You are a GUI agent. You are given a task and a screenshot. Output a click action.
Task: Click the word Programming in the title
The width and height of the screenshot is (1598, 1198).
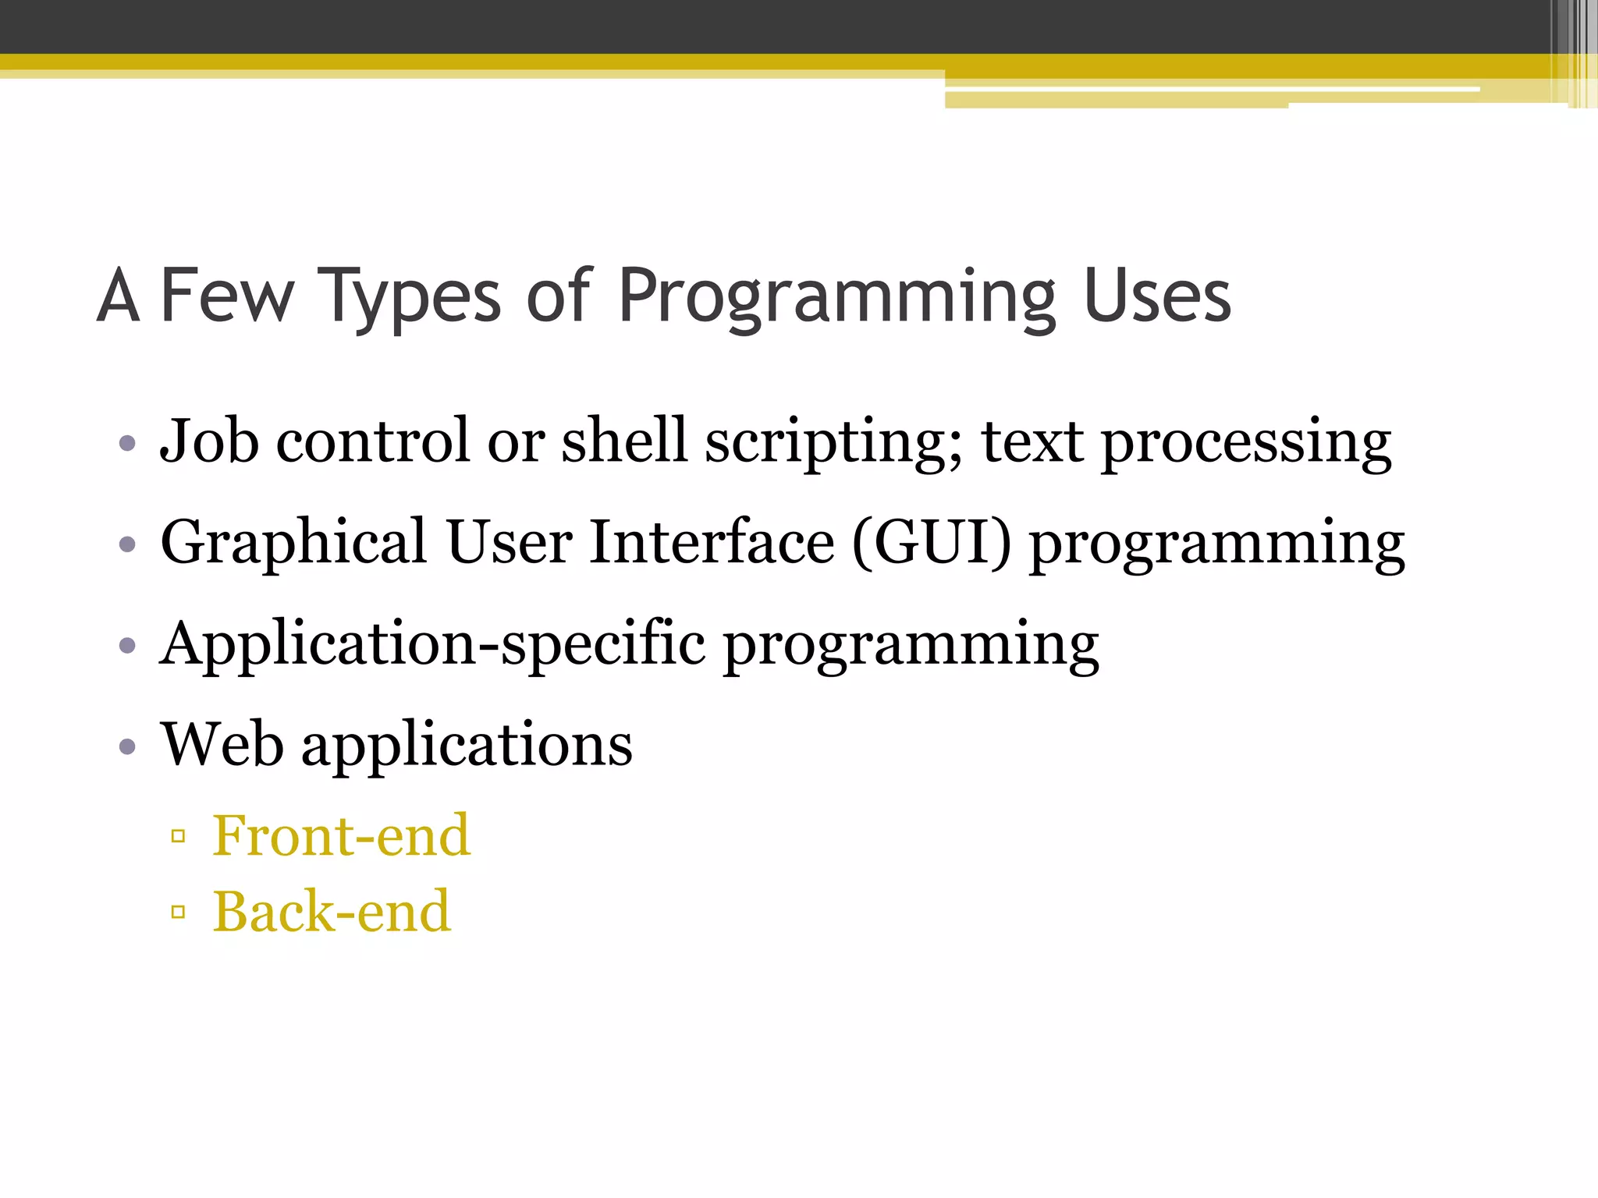click(x=835, y=298)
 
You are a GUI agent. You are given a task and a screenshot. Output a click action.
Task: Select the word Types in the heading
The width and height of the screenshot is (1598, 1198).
click(x=410, y=298)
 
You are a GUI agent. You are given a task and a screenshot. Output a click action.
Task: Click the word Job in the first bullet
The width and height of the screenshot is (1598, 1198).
click(x=209, y=441)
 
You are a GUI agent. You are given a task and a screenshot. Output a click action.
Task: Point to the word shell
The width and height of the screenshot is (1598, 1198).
click(x=624, y=441)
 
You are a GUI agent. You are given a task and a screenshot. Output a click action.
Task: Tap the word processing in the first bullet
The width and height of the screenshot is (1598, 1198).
click(x=1246, y=443)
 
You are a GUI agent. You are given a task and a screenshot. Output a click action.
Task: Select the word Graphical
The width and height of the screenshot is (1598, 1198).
click(x=293, y=543)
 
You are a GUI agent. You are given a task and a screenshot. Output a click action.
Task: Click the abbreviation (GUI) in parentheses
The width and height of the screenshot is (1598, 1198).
click(x=931, y=543)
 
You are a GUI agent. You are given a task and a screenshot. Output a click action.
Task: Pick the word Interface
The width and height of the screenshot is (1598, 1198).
click(x=712, y=543)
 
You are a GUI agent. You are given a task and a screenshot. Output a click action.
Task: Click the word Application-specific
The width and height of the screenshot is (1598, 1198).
click(x=432, y=644)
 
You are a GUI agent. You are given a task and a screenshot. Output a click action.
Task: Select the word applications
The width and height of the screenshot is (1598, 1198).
click(x=467, y=746)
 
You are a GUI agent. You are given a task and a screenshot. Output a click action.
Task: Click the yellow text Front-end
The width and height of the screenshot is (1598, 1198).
click(x=342, y=835)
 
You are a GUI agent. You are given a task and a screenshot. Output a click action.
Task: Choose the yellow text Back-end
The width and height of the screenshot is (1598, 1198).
click(x=332, y=911)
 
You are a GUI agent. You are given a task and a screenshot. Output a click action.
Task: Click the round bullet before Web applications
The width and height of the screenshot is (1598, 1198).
click(x=128, y=747)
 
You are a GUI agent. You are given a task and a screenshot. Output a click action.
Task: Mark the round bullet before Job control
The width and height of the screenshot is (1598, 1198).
click(x=128, y=444)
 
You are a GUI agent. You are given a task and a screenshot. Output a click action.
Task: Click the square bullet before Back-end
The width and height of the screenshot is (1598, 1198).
click(x=178, y=911)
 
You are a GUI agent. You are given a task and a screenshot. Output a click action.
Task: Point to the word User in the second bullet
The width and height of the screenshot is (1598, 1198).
click(x=510, y=543)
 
